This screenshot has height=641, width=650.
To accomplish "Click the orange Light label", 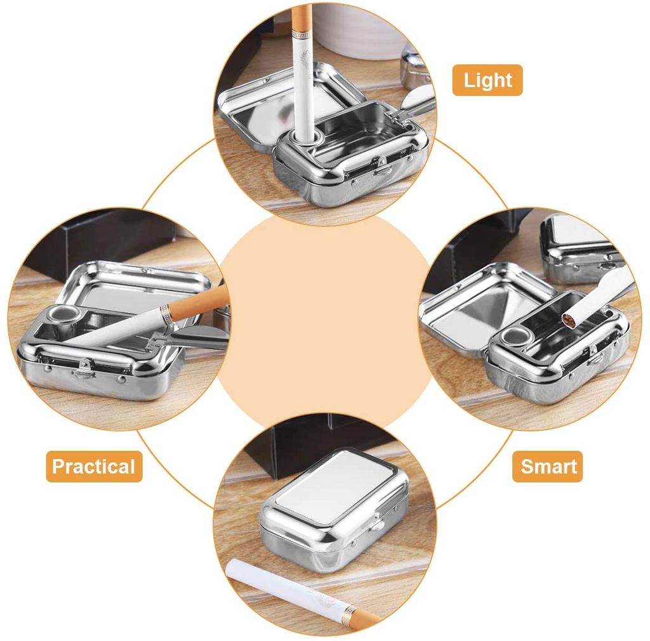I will [487, 81].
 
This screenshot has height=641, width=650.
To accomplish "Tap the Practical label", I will [94, 467].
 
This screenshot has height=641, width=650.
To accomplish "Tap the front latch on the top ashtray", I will [381, 169].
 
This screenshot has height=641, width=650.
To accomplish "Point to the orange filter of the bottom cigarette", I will [361, 616].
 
